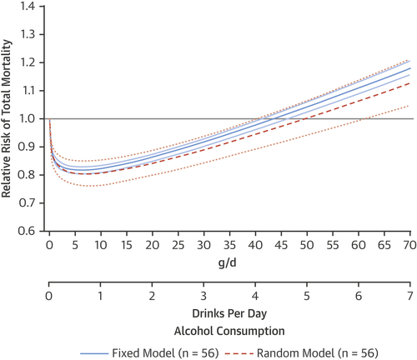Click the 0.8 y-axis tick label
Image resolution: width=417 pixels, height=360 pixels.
tap(33, 175)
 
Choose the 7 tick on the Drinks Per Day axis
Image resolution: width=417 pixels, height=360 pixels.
tap(407, 297)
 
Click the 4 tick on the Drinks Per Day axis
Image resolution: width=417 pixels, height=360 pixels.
tap(254, 297)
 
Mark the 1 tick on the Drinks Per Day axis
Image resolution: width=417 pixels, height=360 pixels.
tap(100, 297)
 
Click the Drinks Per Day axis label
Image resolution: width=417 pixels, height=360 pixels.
tap(229, 314)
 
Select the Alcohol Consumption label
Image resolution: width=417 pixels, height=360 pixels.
tap(229, 328)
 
